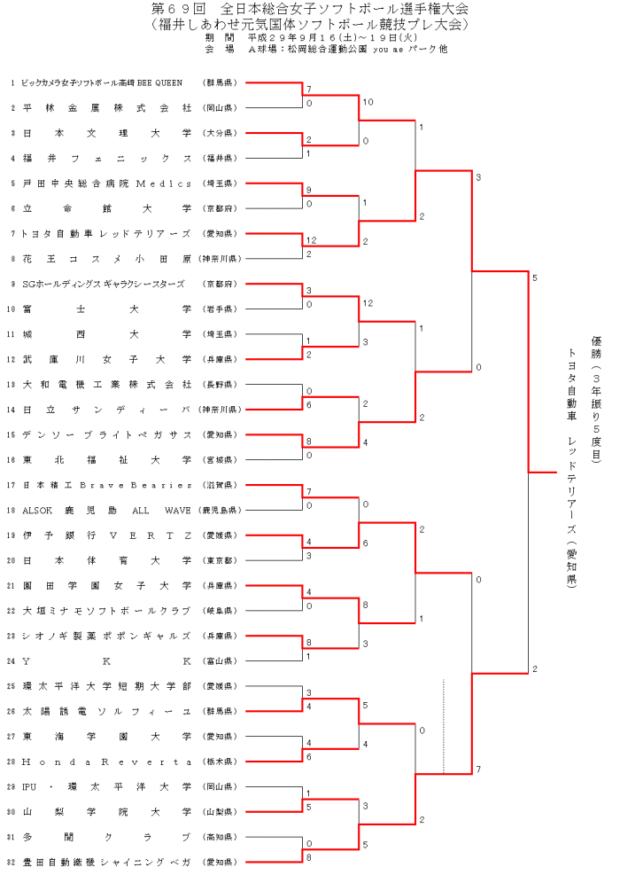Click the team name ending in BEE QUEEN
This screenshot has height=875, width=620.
102,82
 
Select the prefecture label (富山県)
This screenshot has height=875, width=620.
217,661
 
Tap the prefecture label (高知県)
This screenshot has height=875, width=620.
217,837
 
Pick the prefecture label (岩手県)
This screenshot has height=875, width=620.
217,309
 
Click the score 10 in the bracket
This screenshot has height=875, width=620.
368,103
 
